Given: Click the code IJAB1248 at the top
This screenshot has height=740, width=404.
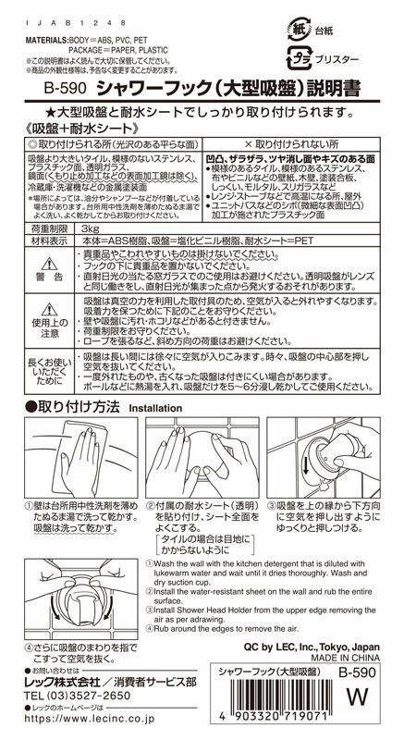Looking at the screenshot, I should point(58,19).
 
